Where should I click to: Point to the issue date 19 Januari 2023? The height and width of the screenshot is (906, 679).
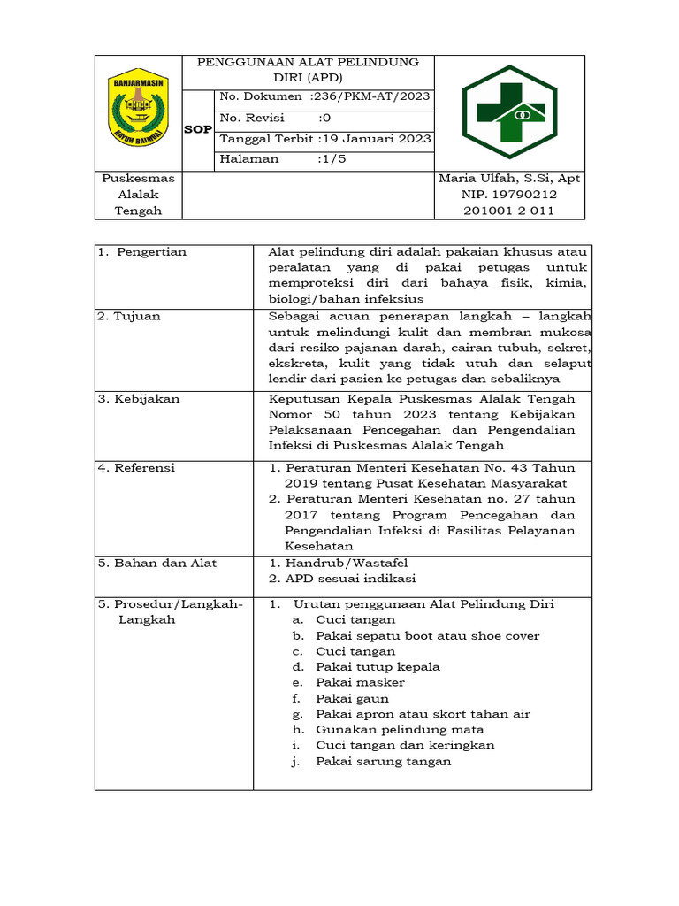[x=376, y=138]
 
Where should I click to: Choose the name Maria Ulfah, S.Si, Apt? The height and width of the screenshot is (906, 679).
[x=509, y=179]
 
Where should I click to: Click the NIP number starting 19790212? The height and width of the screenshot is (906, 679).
[x=509, y=195]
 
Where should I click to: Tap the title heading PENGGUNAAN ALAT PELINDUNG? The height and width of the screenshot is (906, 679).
[x=308, y=63]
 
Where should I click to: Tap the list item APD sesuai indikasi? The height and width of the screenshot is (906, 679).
[x=341, y=579]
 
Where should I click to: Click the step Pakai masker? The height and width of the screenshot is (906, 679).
[x=360, y=682]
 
